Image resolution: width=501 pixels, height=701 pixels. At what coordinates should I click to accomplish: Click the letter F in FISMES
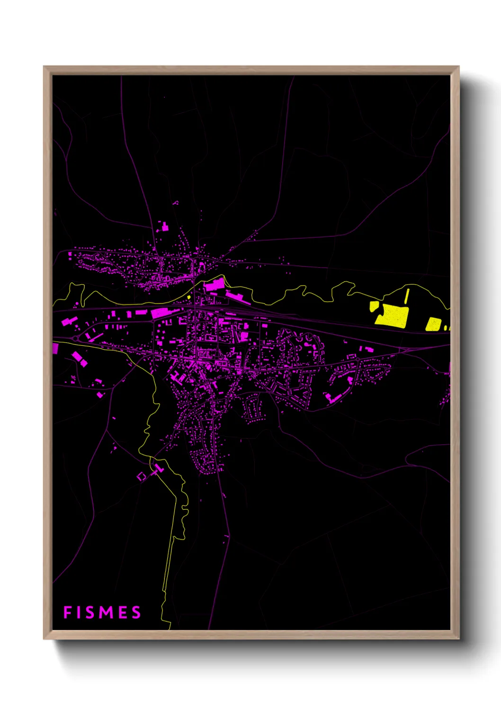[x=67, y=612]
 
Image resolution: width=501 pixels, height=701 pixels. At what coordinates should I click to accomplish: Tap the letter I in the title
[x=81, y=612]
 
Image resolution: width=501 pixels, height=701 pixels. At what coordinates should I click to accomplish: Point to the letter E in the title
[x=123, y=612]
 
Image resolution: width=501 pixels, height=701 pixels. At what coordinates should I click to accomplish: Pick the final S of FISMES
[x=136, y=612]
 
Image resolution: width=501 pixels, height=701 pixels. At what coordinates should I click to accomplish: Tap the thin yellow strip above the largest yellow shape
[x=407, y=296]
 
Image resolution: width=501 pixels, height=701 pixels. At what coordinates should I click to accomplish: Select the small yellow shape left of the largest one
[x=374, y=306]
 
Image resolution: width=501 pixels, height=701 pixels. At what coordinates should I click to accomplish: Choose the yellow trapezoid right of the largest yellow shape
[x=433, y=324]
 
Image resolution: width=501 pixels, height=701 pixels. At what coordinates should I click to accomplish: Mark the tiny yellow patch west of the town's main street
[x=189, y=297]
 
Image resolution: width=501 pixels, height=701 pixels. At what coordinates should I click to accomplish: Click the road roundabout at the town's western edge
[x=76, y=339]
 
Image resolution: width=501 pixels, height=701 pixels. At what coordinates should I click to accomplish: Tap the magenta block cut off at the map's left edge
[x=55, y=349]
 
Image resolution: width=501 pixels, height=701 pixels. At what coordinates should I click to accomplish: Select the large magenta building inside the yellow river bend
[x=215, y=285]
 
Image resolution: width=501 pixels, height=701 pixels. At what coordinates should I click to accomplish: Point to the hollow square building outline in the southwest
[x=141, y=476]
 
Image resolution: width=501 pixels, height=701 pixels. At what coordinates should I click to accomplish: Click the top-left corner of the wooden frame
[x=44, y=67]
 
